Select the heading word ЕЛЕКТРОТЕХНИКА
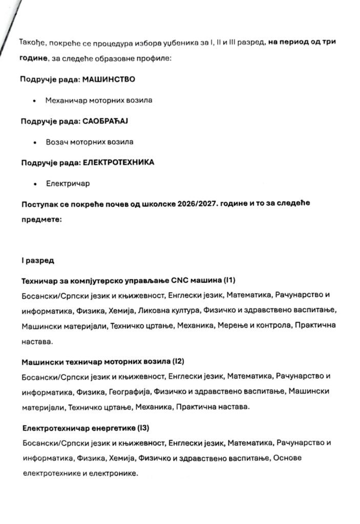tap(118, 162)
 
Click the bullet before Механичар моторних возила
tap(34, 101)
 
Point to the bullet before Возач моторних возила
tap(34, 142)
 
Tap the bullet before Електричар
tap(34, 183)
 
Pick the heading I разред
tap(37, 260)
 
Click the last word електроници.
tap(117, 473)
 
